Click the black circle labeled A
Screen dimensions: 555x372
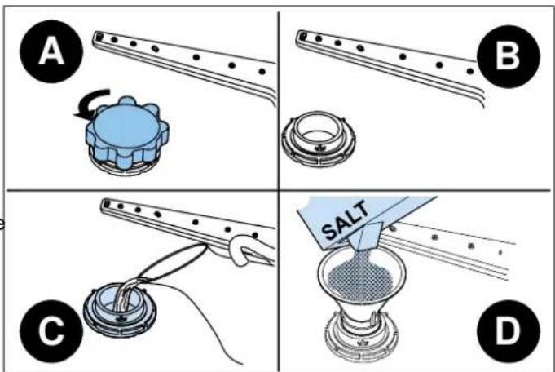[51, 51]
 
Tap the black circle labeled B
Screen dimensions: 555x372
[509, 56]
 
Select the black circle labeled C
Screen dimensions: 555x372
[51, 331]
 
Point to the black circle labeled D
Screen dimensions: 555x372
[509, 331]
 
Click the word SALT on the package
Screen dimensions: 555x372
[346, 220]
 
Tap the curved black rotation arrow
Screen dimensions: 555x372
[91, 104]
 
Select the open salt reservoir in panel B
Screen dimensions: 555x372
[319, 139]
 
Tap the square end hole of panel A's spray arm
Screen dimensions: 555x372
[99, 36]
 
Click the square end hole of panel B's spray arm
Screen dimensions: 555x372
[302, 36]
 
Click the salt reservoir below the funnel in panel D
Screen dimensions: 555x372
[361, 337]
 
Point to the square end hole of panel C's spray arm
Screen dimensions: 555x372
[106, 203]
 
